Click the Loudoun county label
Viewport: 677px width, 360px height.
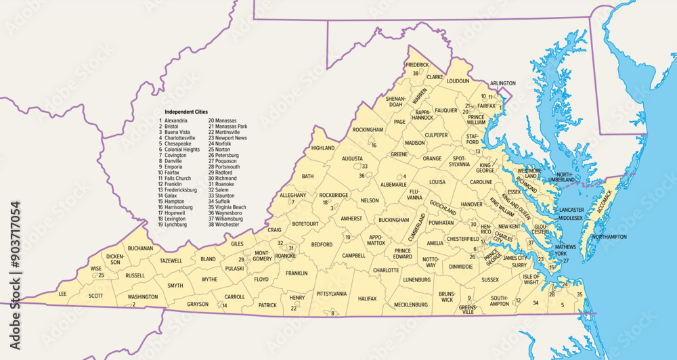coord(458,81)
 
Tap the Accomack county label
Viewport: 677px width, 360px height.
coord(607,204)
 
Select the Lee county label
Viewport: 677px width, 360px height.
coord(63,294)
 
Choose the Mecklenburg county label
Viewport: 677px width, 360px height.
coord(411,305)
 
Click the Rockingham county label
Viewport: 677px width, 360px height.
coord(368,129)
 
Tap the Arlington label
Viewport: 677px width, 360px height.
coord(502,83)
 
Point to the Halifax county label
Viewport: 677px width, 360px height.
coord(367,298)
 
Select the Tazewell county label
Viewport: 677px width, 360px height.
coord(171,261)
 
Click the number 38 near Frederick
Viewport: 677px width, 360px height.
coord(416,72)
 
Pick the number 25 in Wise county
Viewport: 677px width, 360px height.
coord(101,275)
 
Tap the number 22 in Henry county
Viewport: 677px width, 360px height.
coord(294,309)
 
